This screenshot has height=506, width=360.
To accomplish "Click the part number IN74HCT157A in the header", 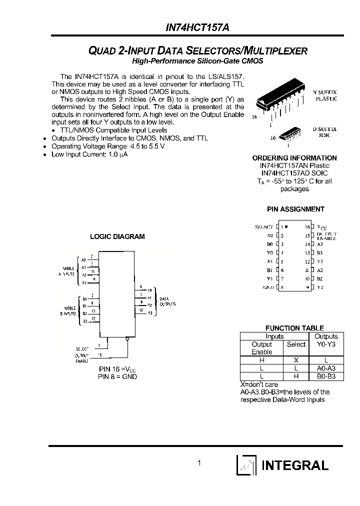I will pos(197,29).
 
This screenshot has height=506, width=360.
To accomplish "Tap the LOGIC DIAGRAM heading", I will pos(117,236).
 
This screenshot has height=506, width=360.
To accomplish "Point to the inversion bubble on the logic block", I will pos(128,339).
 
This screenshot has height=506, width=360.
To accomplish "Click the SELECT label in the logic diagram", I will pos(82,347).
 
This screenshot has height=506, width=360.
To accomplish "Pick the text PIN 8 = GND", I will pos(117,376).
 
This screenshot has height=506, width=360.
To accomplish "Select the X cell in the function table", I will pos(296,359).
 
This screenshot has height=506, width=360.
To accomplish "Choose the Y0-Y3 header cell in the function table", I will pos(326,344).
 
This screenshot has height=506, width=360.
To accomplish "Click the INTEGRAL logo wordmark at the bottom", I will pos(295,465).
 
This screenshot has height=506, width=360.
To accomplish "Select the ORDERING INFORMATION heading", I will pos(294,158).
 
